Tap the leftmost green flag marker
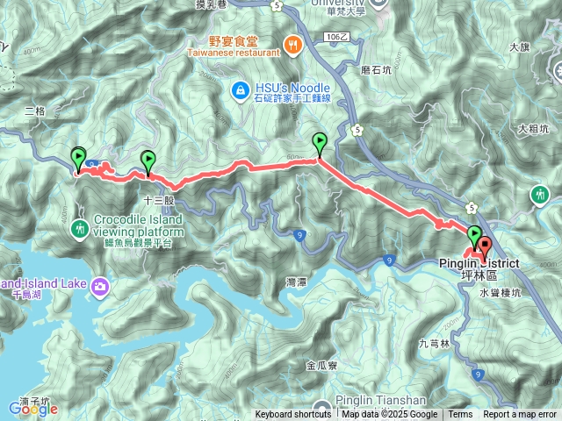(78, 158)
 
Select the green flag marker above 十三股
(148, 161)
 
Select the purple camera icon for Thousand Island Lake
(100, 285)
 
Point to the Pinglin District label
(479, 263)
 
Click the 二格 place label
(34, 111)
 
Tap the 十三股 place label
(159, 200)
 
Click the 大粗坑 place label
(533, 129)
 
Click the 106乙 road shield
(336, 38)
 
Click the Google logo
(32, 408)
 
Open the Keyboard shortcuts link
(293, 415)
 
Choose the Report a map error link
(519, 415)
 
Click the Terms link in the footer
(460, 415)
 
